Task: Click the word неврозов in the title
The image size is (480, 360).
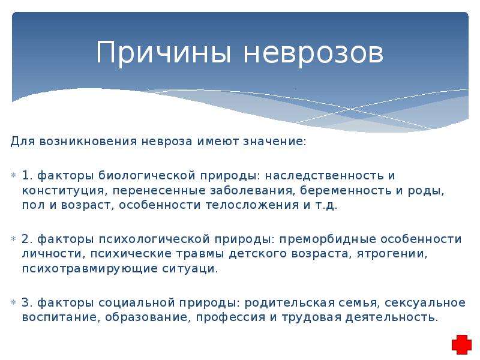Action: click(313, 53)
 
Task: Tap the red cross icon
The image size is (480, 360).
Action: click(461, 344)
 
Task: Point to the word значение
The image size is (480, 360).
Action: click(275, 142)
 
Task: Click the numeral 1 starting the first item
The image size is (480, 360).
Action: click(27, 175)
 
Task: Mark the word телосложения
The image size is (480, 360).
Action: click(252, 205)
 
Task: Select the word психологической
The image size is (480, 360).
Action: click(154, 239)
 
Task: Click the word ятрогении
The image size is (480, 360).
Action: click(392, 254)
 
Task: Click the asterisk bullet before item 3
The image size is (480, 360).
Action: click(13, 303)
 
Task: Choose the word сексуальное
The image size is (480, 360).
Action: click(425, 303)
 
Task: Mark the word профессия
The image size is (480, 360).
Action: click(230, 317)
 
